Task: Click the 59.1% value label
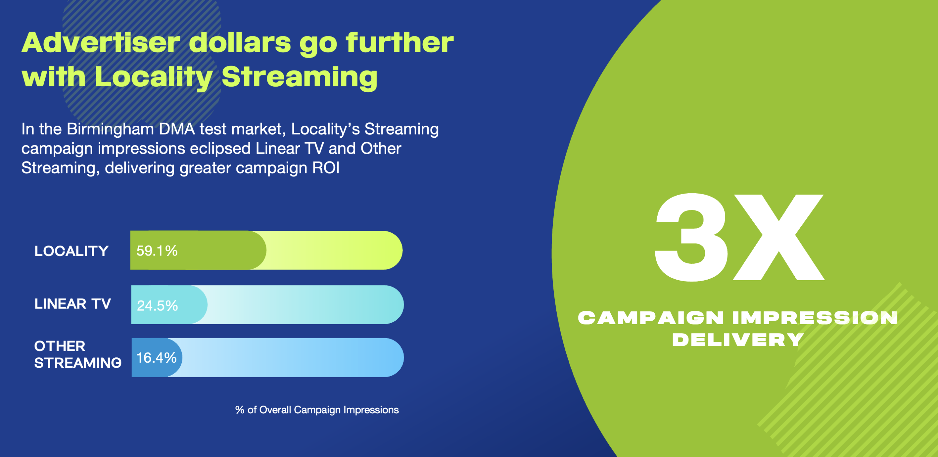pyautogui.click(x=157, y=251)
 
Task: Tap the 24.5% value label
pyautogui.click(x=157, y=306)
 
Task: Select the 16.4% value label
pyautogui.click(x=157, y=358)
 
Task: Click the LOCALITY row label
pyautogui.click(x=72, y=251)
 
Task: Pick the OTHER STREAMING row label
pyautogui.click(x=78, y=354)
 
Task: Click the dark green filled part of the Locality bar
pyautogui.click(x=198, y=250)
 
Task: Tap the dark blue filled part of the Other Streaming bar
pyautogui.click(x=157, y=358)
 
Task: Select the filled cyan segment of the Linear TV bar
pyautogui.click(x=169, y=305)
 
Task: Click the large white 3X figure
pyautogui.click(x=740, y=237)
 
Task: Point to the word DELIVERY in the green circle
pyautogui.click(x=738, y=340)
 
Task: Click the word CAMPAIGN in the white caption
pyautogui.click(x=651, y=318)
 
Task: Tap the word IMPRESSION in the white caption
pyautogui.click(x=815, y=318)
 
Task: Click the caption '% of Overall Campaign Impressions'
pyautogui.click(x=317, y=410)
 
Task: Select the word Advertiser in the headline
pyautogui.click(x=101, y=43)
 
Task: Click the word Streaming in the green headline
pyautogui.click(x=300, y=77)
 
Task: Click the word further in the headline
pyautogui.click(x=399, y=43)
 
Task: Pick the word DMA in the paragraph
pyautogui.click(x=177, y=129)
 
